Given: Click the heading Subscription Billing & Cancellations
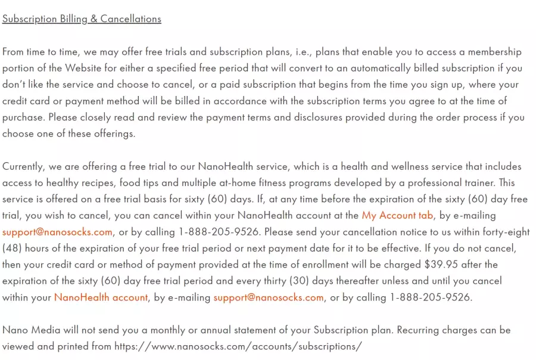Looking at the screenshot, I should point(82,18).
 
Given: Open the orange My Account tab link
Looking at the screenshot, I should point(397,215).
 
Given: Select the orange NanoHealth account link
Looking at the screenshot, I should point(101,297).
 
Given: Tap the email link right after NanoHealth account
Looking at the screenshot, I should point(269,297).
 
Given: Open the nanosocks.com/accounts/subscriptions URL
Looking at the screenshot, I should point(238,346).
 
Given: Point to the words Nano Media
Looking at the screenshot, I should point(27,330).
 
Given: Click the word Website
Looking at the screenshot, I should point(89,68).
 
